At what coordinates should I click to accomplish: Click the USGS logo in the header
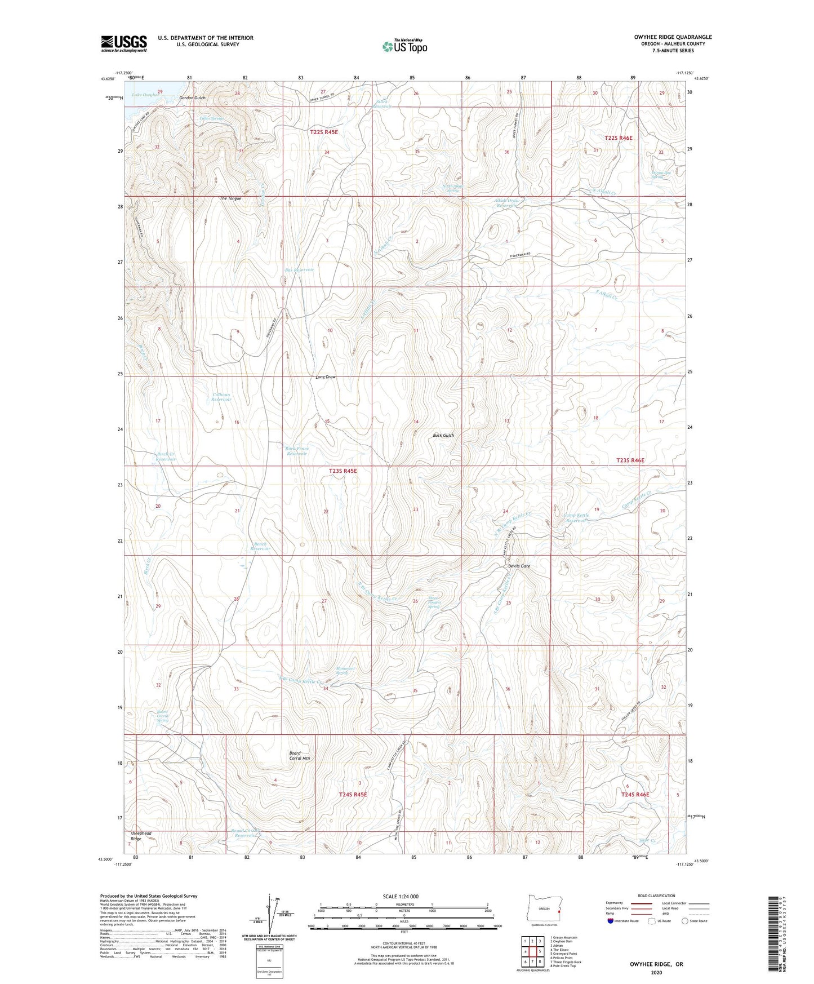123,43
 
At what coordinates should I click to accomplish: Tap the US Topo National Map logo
404,46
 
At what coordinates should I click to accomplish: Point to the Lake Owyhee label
146,95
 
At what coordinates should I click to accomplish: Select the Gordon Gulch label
192,98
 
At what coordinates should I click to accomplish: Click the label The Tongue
230,198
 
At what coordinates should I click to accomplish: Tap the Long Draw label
326,377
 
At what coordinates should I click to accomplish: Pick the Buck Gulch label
443,436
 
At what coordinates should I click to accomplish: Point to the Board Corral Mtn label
300,756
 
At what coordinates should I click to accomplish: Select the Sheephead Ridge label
141,836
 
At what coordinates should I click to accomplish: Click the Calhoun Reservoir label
221,397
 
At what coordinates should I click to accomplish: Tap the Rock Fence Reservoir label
297,451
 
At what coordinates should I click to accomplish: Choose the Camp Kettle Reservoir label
576,518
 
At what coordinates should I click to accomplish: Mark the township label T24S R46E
635,795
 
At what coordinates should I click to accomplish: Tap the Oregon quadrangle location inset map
544,911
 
